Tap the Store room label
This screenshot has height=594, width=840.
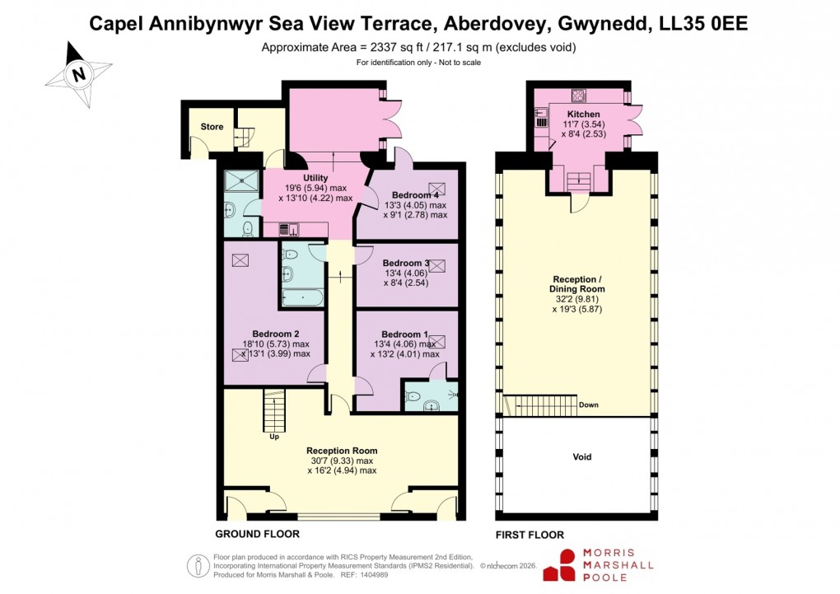point(212,127)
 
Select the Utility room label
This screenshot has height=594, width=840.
point(315,178)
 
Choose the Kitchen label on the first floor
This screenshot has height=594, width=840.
point(583,114)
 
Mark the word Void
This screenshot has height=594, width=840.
point(581,456)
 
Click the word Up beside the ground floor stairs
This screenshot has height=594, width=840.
point(274,437)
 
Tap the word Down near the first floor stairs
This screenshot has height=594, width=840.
point(589,405)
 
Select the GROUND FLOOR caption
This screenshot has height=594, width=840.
point(257,534)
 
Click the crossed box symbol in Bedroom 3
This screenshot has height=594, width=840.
point(436,266)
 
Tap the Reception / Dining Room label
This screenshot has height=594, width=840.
point(576,284)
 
